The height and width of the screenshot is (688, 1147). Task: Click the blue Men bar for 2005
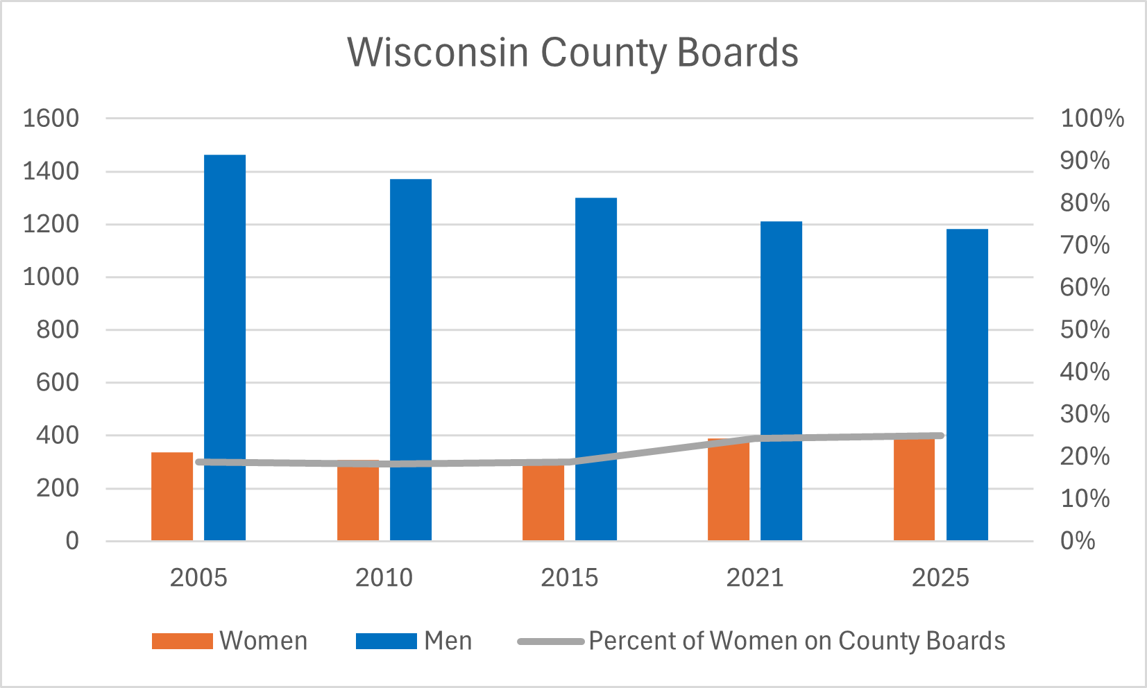pos(225,347)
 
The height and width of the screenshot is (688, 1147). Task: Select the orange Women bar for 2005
pos(172,497)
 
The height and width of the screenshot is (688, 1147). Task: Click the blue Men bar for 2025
pos(967,384)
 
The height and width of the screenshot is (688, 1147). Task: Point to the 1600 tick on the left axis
pos(51,118)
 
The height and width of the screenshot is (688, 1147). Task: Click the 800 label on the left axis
pos(58,329)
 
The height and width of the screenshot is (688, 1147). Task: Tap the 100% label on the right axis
pos(1092,118)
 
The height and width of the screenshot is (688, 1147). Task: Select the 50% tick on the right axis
pos(1085,329)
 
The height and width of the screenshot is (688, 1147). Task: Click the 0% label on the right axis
pos(1078,541)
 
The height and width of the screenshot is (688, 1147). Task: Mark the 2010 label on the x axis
pos(384,578)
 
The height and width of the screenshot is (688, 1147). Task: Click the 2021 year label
pos(755,578)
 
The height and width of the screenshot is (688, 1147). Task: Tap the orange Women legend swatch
pos(182,641)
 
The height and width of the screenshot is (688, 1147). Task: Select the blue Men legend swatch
pos(386,641)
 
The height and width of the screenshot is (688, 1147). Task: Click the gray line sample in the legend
pos(551,641)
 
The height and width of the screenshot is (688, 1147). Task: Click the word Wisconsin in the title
pos(437,52)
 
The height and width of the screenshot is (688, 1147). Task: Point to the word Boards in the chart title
pos(738,52)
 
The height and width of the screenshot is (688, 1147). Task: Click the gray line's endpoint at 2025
pos(940,436)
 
